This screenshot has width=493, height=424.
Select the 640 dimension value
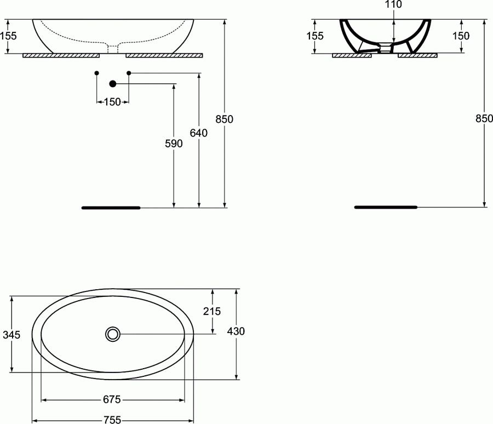[x=198, y=133]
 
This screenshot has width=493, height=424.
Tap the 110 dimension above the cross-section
[x=393, y=5]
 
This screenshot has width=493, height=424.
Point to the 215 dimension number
[x=211, y=311]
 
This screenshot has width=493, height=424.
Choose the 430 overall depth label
[x=236, y=331]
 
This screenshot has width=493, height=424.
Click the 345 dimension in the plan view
[x=12, y=334]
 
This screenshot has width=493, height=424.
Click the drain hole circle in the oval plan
[x=113, y=334]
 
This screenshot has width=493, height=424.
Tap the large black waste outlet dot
[x=113, y=83]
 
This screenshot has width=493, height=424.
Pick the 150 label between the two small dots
[x=112, y=101]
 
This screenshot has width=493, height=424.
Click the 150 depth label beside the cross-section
[x=462, y=36]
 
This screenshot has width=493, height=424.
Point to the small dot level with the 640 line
[x=129, y=73]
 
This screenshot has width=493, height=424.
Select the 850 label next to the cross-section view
[x=484, y=118]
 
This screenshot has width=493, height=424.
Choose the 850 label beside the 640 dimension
[x=225, y=119]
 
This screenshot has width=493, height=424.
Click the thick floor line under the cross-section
[x=386, y=207]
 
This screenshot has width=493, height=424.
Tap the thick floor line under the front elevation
[x=111, y=208]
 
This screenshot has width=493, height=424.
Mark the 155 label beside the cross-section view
[x=315, y=36]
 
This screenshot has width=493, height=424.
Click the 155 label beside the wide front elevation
[x=8, y=36]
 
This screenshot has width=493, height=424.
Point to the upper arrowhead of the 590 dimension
[x=174, y=86]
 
